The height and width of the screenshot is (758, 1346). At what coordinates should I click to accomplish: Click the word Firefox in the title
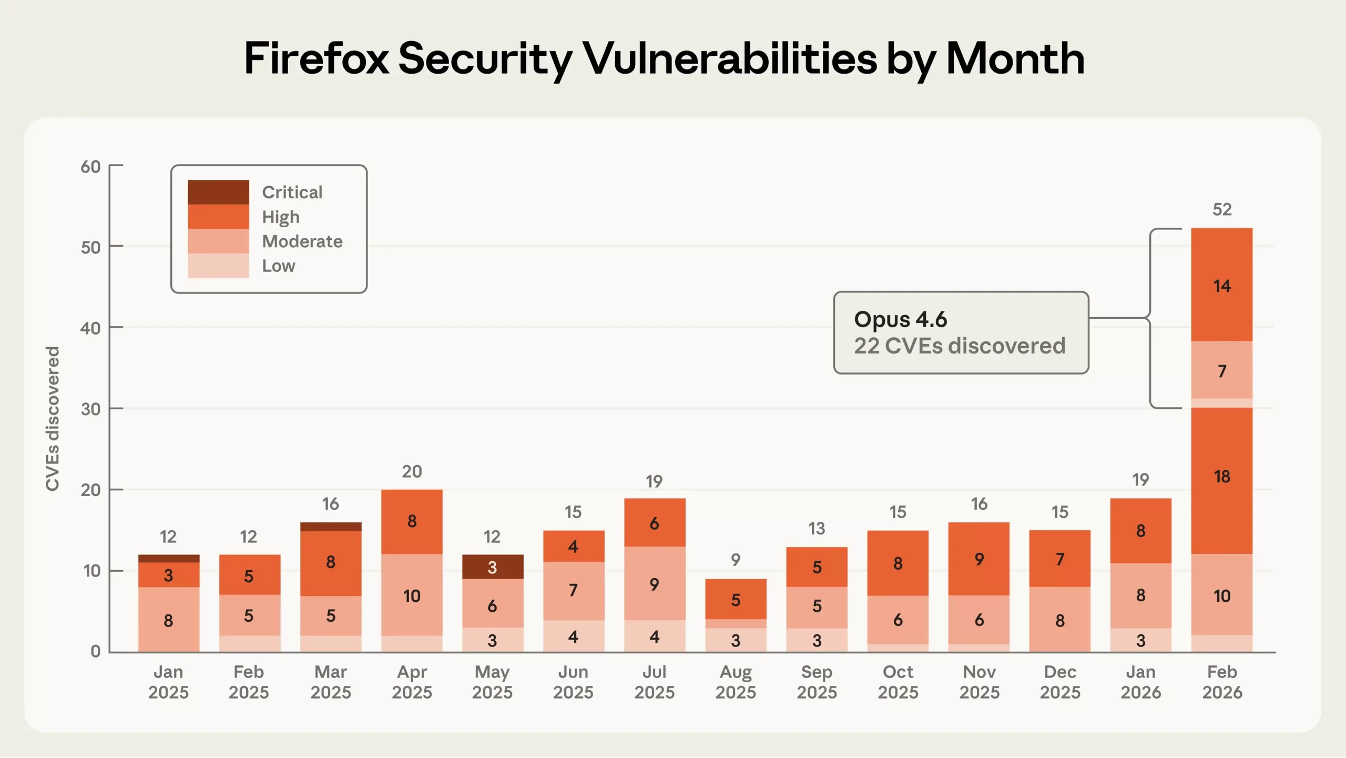316,58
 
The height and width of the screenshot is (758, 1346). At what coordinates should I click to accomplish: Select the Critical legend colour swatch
218,192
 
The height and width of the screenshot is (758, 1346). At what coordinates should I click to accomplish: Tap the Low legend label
278,266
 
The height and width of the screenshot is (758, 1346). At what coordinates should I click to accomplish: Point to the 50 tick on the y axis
90,247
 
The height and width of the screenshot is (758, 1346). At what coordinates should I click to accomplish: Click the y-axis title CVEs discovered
53,419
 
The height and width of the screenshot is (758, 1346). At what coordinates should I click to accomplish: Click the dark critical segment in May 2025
492,567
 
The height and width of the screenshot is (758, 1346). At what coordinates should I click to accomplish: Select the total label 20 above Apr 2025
412,471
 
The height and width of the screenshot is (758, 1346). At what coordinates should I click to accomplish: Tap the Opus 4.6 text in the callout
900,319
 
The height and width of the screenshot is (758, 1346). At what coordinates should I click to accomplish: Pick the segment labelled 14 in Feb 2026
1221,286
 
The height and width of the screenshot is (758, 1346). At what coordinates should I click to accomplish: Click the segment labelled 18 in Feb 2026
1221,477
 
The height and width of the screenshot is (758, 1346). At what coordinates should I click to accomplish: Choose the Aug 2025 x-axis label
735,682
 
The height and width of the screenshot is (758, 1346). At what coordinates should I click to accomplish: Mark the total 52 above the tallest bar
1221,209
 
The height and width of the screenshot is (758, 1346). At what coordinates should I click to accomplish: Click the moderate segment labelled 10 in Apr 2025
412,596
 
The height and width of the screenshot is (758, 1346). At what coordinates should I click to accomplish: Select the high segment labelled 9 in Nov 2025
978,559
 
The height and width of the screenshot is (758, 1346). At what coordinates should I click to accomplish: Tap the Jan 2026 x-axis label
1140,682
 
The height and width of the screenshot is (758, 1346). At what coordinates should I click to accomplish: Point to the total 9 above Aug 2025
735,560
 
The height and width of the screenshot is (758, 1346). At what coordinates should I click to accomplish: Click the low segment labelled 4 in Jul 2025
654,637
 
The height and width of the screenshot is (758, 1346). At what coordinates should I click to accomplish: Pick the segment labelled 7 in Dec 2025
1059,559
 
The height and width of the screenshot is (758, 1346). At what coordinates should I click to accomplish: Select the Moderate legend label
302,241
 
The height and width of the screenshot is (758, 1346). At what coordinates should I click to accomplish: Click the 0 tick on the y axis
95,651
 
